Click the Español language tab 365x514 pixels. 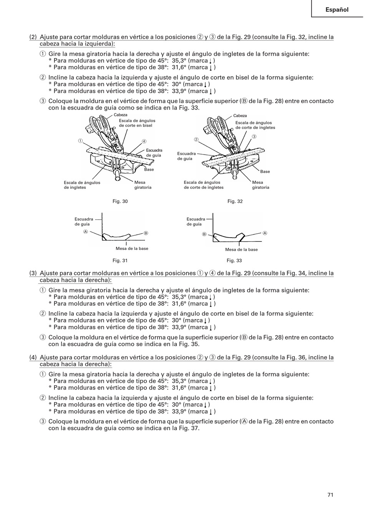pyautogui.click(x=337, y=10)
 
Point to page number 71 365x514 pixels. pyautogui.click(x=330, y=494)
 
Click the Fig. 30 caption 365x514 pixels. pyautogui.click(x=120, y=201)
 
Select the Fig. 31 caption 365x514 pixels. pyautogui.click(x=120, y=260)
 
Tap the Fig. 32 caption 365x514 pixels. pyautogui.click(x=235, y=201)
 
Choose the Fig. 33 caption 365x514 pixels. pyautogui.click(x=234, y=260)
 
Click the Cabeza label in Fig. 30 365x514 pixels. pyautogui.click(x=120, y=115)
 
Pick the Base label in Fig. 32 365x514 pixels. pyautogui.click(x=265, y=171)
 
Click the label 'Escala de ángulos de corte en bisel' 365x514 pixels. pyautogui.click(x=137, y=123)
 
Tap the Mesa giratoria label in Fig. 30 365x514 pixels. pyautogui.click(x=143, y=185)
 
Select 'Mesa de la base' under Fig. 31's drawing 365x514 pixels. pyautogui.click(x=132, y=248)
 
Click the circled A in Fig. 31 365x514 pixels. pyautogui.click(x=86, y=231)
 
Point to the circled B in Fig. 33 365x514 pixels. pyautogui.click(x=204, y=234)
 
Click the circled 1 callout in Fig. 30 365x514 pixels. pyautogui.click(x=81, y=140)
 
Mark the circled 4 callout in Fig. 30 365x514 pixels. pyautogui.click(x=144, y=141)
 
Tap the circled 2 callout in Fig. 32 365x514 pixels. pyautogui.click(x=196, y=139)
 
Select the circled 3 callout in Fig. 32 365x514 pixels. pyautogui.click(x=254, y=136)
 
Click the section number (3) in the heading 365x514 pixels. pyautogui.click(x=33, y=273)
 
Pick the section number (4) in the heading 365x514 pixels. pyautogui.click(x=33, y=358)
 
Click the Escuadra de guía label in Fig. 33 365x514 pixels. pyautogui.click(x=196, y=221)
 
